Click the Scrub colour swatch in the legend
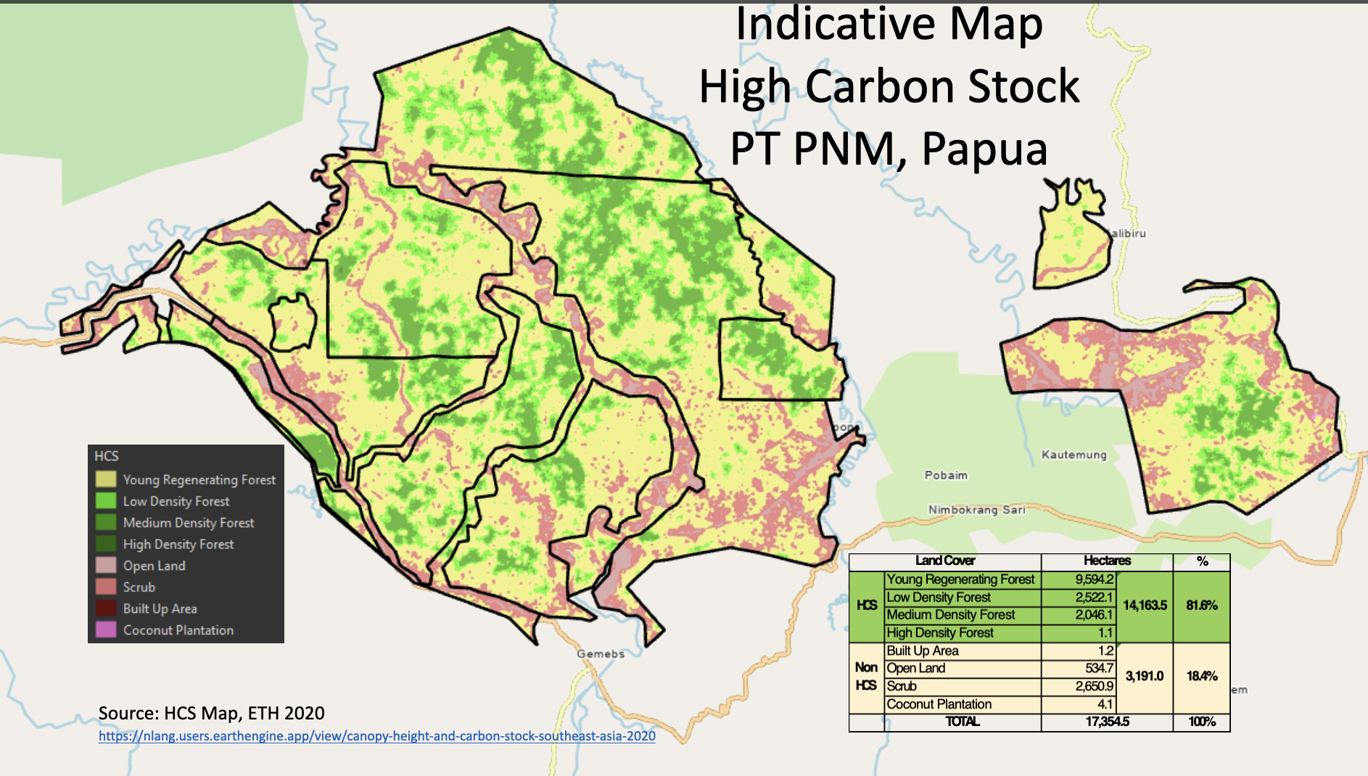click(106, 587)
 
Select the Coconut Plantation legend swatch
click(106, 630)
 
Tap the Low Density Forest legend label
click(176, 501)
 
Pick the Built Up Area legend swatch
click(106, 608)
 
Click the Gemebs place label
click(601, 653)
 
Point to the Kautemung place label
click(1074, 455)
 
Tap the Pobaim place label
click(946, 475)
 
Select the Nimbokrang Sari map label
click(977, 510)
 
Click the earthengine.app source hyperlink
click(377, 736)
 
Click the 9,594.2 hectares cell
click(1094, 579)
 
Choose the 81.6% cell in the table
click(1201, 606)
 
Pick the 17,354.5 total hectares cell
click(1107, 722)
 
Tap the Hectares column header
click(1107, 561)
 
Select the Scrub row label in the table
click(902, 686)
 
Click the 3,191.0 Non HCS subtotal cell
click(1145, 676)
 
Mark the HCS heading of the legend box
click(107, 456)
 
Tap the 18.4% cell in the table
click(1201, 676)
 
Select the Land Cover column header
click(945, 561)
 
